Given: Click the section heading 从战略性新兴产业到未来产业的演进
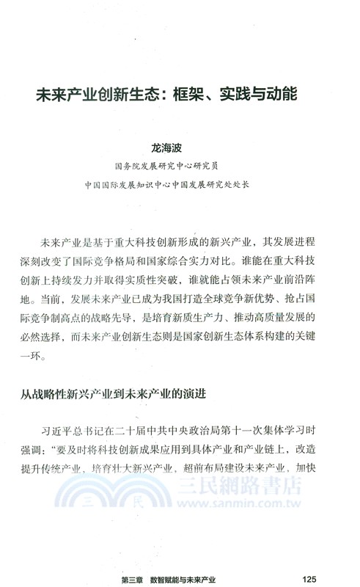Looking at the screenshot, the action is [113, 394].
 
